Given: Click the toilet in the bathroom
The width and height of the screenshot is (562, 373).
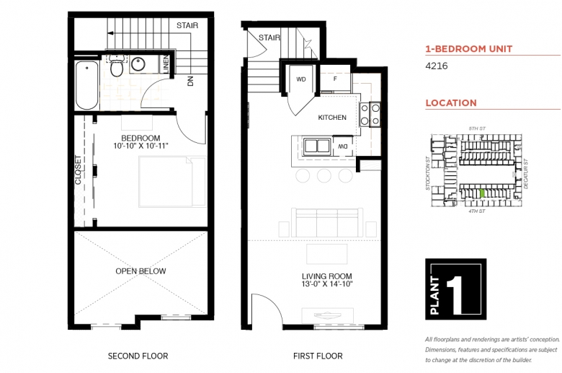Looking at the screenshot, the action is [x=117, y=66].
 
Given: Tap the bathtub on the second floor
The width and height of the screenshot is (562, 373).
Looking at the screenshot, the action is [x=86, y=85].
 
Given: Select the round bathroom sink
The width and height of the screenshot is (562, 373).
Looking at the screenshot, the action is [x=138, y=64].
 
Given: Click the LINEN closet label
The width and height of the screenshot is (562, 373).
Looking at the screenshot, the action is [x=166, y=64].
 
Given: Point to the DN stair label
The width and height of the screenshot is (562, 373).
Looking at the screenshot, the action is [x=190, y=81].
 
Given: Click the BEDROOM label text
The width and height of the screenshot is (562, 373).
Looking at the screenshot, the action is [x=140, y=139].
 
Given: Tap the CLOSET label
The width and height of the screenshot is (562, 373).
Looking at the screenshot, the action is [x=78, y=170].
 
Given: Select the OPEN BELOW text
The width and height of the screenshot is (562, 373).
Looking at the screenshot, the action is [x=140, y=271].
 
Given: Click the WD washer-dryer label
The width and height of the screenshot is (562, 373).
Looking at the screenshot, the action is [x=301, y=79].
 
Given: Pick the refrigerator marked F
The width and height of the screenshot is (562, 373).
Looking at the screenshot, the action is [x=335, y=79].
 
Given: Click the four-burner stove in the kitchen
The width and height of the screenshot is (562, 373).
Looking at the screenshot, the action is [x=370, y=115].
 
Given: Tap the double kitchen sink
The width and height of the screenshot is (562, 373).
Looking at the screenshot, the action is [x=316, y=146].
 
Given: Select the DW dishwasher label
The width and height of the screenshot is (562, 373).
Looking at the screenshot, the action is [x=343, y=146].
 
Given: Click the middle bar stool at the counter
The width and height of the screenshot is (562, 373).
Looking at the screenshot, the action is [x=324, y=175].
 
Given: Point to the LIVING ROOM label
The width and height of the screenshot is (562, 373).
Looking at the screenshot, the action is [x=327, y=276].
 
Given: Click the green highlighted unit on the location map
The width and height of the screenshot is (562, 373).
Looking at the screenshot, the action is [x=483, y=193].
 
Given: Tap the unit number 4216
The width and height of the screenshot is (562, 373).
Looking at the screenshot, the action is [x=437, y=66].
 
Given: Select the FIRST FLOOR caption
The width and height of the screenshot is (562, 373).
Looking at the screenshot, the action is [x=318, y=356].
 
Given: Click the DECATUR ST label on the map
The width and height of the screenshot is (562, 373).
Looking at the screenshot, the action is [x=526, y=174].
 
